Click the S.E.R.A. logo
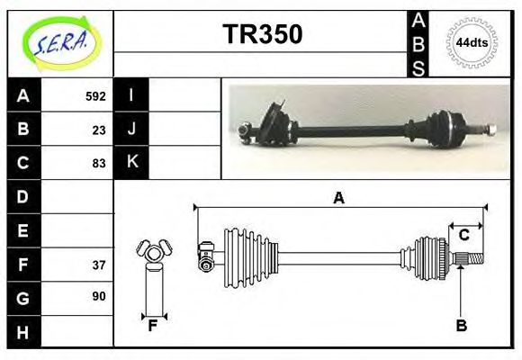click(x=62, y=44)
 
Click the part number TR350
click(x=263, y=34)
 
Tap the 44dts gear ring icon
click(x=472, y=43)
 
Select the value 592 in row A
click(x=95, y=96)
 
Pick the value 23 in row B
click(x=99, y=130)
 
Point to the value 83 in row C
click(x=99, y=163)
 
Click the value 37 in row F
click(x=99, y=265)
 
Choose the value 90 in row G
click(x=99, y=296)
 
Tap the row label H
click(x=22, y=332)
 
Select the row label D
click(x=22, y=196)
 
